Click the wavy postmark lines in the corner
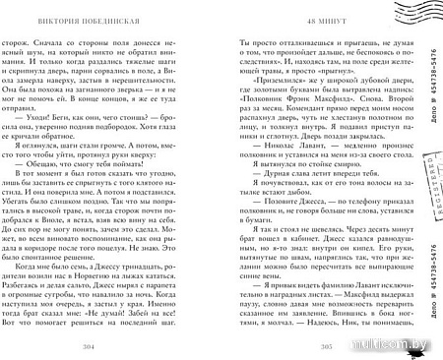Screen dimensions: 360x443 413,18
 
